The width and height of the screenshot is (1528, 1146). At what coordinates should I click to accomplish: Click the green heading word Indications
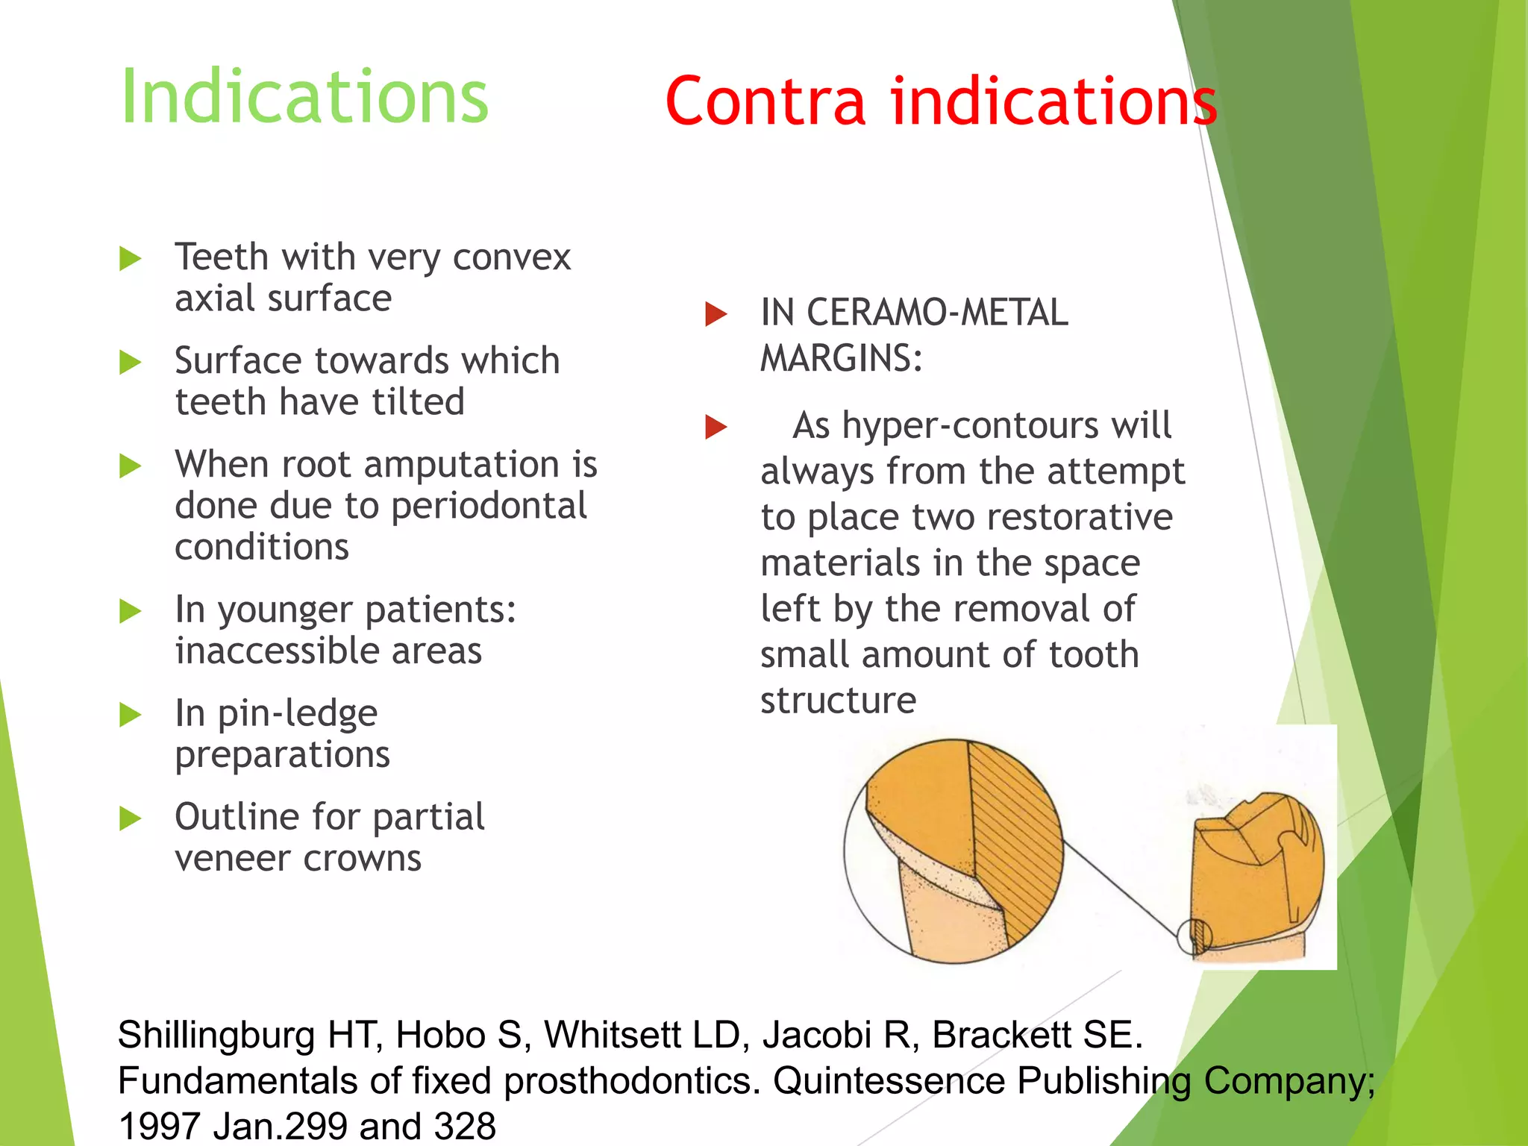point(304,97)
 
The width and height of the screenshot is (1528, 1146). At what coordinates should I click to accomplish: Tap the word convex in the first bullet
point(512,257)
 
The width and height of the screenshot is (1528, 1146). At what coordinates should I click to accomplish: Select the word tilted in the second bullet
point(419,402)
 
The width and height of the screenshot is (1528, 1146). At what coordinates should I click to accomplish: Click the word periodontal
point(489,507)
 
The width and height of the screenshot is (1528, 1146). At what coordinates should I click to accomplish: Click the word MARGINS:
point(841,358)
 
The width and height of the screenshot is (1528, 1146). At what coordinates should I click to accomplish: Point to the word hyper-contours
point(945,426)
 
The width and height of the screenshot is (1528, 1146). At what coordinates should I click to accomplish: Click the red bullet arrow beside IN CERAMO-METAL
point(716,314)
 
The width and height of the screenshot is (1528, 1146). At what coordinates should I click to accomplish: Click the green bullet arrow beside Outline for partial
point(130,818)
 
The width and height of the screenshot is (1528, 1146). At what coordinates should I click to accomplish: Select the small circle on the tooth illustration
point(1194,936)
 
